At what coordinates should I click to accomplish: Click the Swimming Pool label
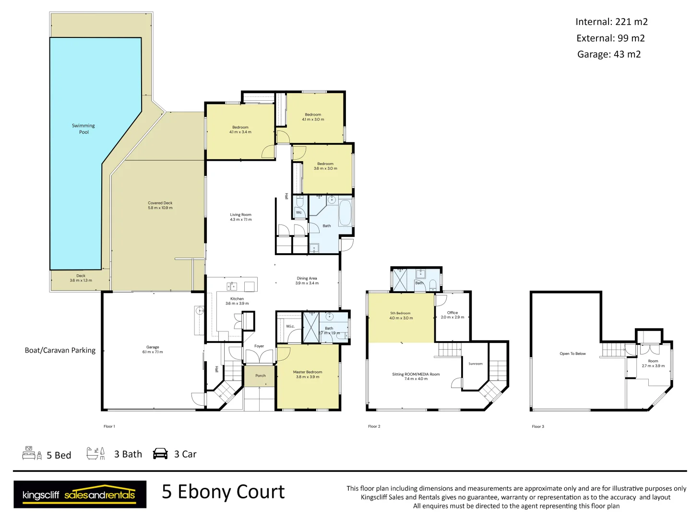(x=83, y=129)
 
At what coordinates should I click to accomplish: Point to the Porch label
(x=261, y=376)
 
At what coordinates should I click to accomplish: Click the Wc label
(x=299, y=212)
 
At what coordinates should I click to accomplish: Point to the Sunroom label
(x=476, y=364)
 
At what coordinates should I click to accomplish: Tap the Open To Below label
(x=572, y=353)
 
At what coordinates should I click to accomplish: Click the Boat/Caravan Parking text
(x=60, y=350)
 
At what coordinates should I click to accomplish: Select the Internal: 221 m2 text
(x=611, y=22)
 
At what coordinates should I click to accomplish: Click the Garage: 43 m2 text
(x=609, y=54)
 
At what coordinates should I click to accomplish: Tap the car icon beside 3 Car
(x=160, y=454)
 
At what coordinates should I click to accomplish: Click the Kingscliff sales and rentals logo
(x=80, y=494)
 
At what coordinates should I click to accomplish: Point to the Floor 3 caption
(x=538, y=426)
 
